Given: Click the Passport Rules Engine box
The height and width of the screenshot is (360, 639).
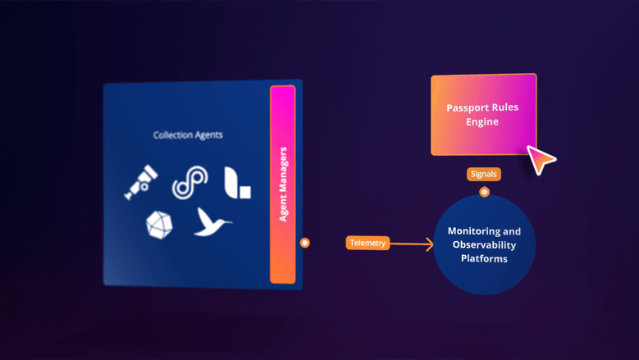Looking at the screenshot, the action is point(483,114).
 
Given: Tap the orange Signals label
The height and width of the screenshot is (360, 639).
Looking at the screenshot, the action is point(483,174).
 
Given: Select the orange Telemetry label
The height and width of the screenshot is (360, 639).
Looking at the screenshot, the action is point(367,243).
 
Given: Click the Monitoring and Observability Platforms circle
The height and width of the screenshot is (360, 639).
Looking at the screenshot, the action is point(484,244).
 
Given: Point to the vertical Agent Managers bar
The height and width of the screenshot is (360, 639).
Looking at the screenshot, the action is point(283,185).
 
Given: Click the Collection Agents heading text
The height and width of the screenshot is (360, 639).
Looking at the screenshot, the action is point(188,134).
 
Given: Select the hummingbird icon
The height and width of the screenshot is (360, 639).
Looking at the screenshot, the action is point(212,221).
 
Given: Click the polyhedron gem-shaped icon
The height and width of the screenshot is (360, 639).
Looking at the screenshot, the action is point(158,224).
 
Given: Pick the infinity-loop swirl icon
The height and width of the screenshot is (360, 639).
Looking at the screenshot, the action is point(189,182).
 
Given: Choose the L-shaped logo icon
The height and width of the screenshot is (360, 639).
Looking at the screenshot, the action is point(237,182).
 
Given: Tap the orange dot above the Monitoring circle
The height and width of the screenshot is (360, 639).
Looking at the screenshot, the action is point(484,192).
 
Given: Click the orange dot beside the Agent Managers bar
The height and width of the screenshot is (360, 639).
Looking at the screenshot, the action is point(305,243).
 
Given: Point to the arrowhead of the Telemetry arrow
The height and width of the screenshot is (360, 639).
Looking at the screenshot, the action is point(430,244).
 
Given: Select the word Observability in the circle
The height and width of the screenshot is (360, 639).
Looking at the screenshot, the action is point(484,245).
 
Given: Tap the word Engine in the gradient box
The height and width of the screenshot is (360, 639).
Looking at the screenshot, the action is point(482,121).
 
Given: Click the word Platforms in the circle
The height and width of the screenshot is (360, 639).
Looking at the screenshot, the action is point(484,258).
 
